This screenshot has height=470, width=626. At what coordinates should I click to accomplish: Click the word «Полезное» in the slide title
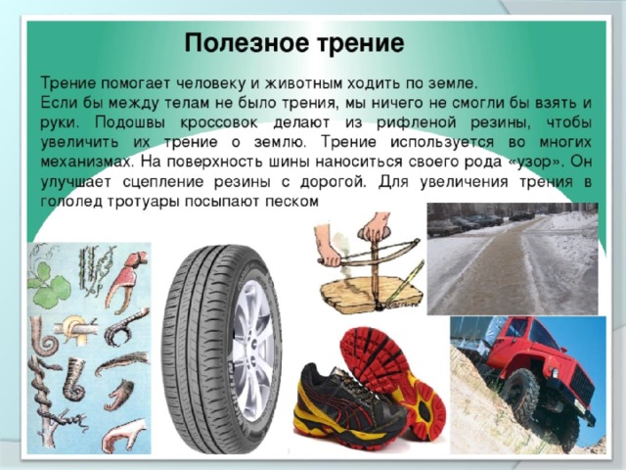[247, 43]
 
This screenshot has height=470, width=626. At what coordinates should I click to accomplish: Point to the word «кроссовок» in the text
[219, 122]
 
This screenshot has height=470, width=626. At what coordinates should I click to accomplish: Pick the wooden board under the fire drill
[372, 294]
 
